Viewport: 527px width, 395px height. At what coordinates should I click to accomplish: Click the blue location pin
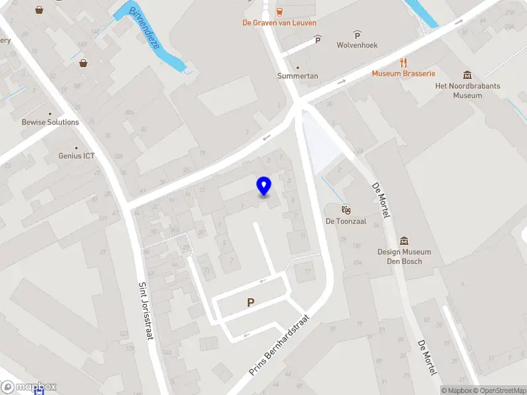click(263, 186)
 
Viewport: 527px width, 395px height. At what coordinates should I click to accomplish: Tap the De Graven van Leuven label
click(279, 22)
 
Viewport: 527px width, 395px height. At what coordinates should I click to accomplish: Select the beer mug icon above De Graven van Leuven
click(280, 11)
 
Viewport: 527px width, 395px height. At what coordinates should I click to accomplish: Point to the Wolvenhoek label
click(357, 45)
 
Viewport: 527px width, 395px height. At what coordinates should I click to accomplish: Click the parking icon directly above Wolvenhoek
click(357, 34)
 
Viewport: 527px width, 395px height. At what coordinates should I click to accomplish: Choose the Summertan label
click(297, 76)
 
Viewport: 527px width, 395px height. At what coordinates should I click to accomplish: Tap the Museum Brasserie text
click(403, 73)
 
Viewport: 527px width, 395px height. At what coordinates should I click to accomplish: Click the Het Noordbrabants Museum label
click(467, 91)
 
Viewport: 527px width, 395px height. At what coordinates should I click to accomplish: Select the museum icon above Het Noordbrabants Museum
click(467, 75)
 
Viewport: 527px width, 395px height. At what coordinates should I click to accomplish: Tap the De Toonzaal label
click(345, 222)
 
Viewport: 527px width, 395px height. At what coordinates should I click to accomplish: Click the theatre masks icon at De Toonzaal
click(345, 210)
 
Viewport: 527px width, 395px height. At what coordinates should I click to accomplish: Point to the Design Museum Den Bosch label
click(404, 256)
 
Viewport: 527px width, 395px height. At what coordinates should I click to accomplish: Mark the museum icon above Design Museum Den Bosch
click(404, 241)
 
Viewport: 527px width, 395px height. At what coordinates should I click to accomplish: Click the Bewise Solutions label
click(50, 122)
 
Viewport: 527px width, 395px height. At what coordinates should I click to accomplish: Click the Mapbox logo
click(29, 387)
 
